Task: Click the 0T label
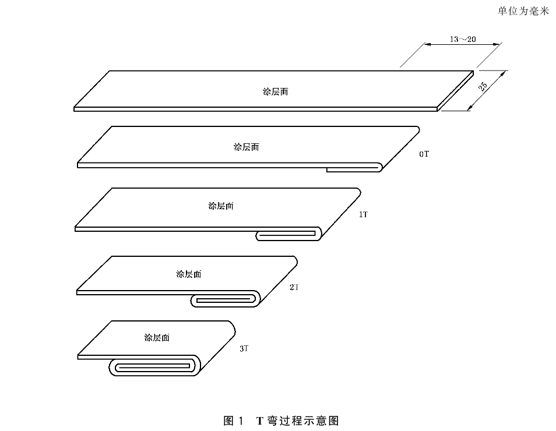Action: pyautogui.click(x=424, y=154)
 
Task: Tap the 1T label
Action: pyautogui.click(x=364, y=214)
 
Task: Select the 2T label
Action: pyautogui.click(x=294, y=287)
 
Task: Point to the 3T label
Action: pyautogui.click(x=244, y=348)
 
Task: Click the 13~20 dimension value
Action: pyautogui.click(x=463, y=39)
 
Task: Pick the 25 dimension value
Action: pyautogui.click(x=483, y=87)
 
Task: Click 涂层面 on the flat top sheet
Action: pyautogui.click(x=276, y=92)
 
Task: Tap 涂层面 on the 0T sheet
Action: pyautogui.click(x=247, y=147)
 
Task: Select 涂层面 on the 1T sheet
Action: pyautogui.click(x=221, y=206)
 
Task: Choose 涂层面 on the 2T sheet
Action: pyautogui.click(x=189, y=274)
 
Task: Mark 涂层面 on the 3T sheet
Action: pyautogui.click(x=157, y=337)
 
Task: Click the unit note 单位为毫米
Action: pyautogui.click(x=523, y=11)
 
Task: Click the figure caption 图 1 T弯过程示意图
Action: pyautogui.click(x=281, y=421)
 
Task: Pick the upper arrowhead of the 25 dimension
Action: pyautogui.click(x=502, y=74)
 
